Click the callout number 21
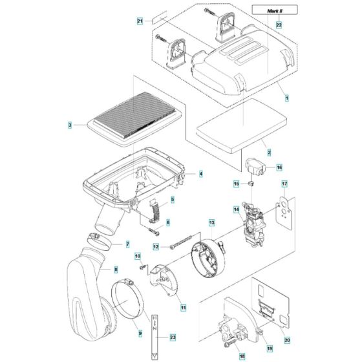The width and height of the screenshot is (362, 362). point(140,23)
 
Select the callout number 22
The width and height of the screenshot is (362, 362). point(279,24)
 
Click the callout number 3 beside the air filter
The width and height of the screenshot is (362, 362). point(70,123)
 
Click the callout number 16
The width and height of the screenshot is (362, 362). point(279,167)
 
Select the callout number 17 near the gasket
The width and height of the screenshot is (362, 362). point(283,184)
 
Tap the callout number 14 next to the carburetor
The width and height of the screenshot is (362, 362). point(237,209)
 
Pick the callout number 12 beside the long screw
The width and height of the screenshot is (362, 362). point(156,246)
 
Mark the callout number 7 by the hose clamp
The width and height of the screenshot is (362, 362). point(127,244)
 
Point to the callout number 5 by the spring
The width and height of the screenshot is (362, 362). point(172,199)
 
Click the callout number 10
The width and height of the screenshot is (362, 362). point(138,257)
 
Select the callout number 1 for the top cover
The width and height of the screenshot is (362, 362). point(286,97)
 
